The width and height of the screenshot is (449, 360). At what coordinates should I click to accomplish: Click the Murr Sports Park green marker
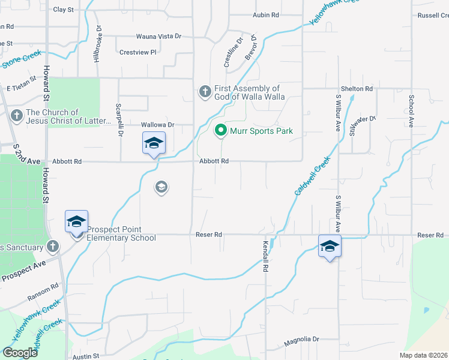221,130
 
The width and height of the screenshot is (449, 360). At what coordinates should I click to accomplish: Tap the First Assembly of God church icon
204,92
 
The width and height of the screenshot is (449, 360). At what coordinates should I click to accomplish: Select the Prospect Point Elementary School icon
76,222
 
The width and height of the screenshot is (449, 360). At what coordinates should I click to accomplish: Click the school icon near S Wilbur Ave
330,247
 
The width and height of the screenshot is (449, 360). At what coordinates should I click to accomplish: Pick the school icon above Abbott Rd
153,143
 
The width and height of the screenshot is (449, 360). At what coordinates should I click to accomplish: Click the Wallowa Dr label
157,125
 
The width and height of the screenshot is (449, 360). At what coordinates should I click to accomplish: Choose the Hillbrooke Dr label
97,46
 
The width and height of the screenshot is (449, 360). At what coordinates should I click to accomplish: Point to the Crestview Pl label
137,52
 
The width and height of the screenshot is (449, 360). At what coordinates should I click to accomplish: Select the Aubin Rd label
266,14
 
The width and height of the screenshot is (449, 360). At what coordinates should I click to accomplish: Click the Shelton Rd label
357,89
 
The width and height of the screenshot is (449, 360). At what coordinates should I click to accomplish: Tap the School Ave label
412,110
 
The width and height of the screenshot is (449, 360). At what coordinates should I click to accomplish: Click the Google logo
19,353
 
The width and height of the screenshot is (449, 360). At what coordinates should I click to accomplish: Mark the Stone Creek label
22,59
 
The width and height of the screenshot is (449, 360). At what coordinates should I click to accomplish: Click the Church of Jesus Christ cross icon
16,114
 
